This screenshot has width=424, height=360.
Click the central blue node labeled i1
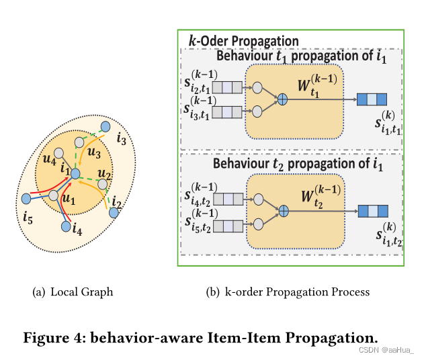(76, 174)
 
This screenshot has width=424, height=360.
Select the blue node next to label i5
(26, 199)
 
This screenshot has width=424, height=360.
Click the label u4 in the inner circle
(49, 161)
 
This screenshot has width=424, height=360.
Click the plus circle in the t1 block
(283, 99)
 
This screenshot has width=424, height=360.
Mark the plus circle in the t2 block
(283, 211)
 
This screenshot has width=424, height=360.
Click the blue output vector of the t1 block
(372, 99)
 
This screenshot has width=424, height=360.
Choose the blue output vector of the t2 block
(372, 211)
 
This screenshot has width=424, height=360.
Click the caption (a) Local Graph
(73, 292)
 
